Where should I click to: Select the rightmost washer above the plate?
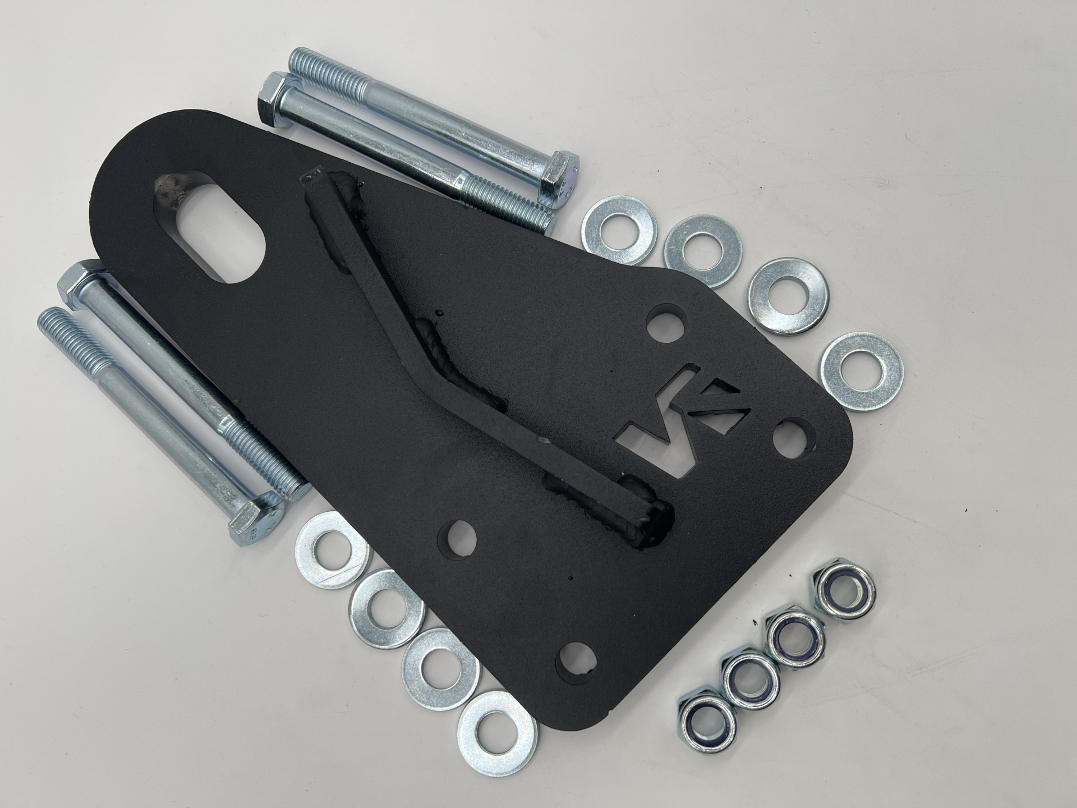(x=861, y=371)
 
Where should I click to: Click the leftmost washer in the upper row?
(x=619, y=230)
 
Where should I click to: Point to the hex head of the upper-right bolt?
(x=558, y=177)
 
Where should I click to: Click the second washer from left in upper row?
(x=702, y=250)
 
